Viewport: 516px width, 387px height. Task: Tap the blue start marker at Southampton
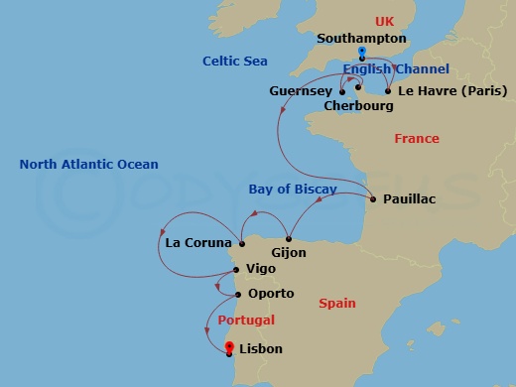point(362,52)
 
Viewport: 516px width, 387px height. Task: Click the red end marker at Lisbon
point(229,346)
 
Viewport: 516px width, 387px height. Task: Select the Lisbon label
point(261,349)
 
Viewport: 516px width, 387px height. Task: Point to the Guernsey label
point(301,90)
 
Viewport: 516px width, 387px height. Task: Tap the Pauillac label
point(409,199)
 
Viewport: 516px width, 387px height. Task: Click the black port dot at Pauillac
point(373,199)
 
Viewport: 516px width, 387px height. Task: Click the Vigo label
point(262,269)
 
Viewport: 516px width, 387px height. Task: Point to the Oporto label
point(271,294)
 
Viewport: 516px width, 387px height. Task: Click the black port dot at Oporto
point(236,294)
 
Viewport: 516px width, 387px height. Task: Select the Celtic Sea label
point(235,62)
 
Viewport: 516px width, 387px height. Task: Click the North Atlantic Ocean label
point(88,165)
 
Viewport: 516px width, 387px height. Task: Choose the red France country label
point(417,139)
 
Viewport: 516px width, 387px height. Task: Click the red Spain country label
point(337,303)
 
